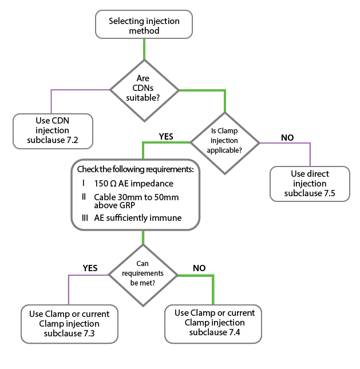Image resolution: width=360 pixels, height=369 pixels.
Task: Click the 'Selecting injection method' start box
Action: pos(144,26)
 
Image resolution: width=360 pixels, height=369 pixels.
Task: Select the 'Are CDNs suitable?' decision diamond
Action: pos(144,89)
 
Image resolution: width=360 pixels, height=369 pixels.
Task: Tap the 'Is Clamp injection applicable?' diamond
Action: pos(226,140)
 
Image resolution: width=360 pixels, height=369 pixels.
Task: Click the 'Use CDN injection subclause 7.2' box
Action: pos(53,130)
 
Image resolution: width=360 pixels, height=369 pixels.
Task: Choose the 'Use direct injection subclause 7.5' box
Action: pos(309,184)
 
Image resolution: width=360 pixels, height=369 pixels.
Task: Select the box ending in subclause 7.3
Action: pos(69,323)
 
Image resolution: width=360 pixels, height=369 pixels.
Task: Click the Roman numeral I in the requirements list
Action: pos(84,183)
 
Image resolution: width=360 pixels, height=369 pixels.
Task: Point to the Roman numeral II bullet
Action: pos(84,197)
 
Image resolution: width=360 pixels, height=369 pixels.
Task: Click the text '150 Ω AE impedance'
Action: pos(133,184)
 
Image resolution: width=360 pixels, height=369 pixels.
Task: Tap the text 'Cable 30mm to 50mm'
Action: pos(136,197)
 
